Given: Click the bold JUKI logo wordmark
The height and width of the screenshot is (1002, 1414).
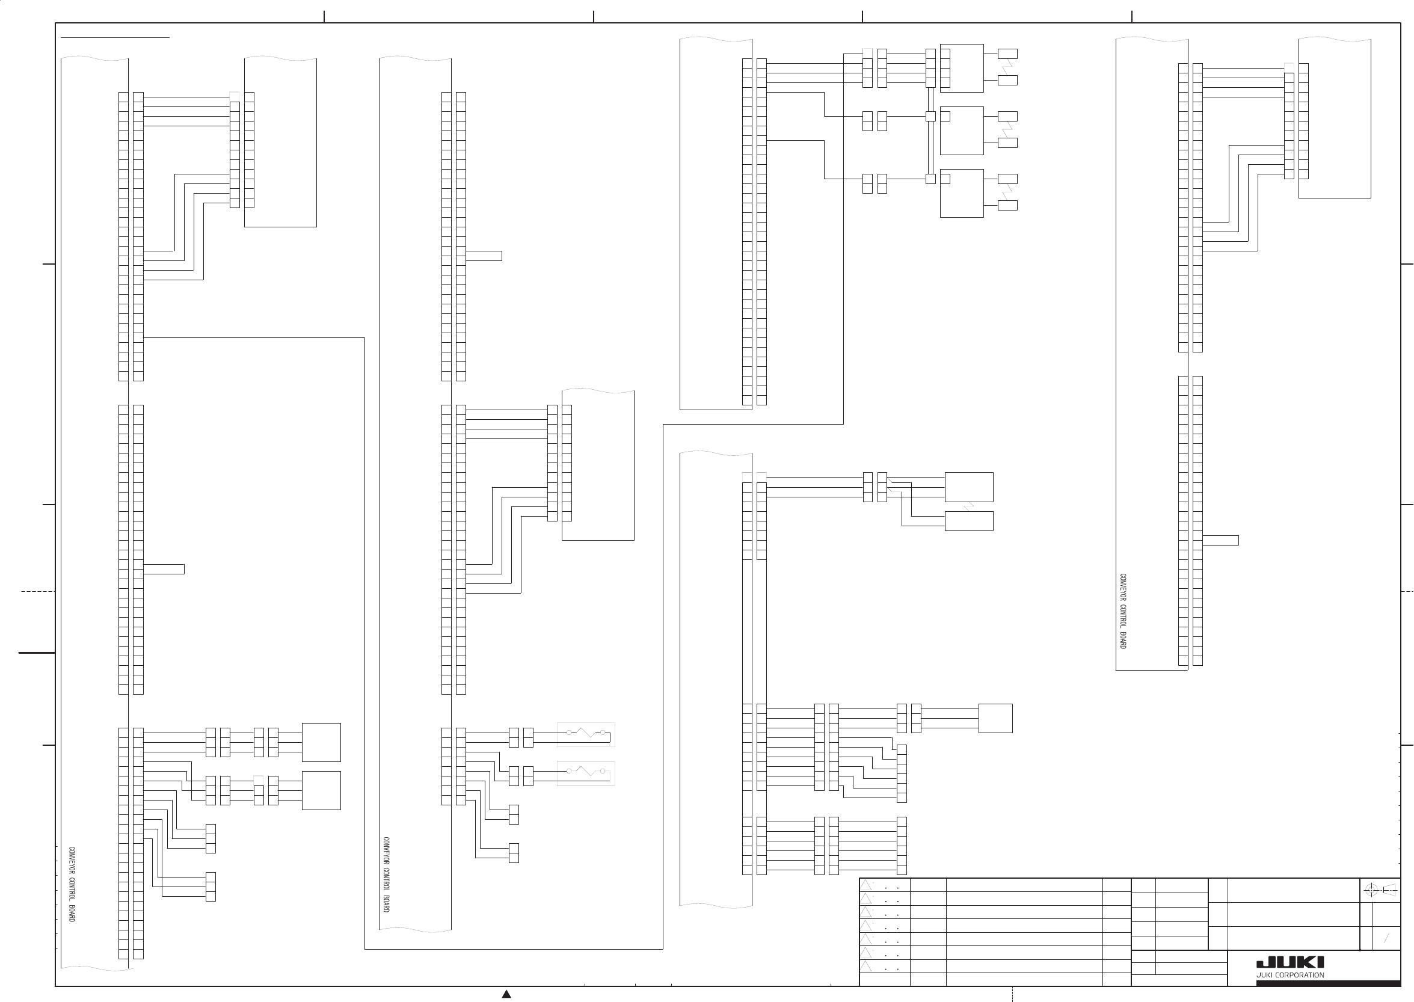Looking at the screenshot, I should coord(1290,963).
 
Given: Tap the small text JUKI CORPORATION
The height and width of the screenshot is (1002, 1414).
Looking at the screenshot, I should coord(1290,976).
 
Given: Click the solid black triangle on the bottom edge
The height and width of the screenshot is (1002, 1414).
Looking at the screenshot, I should coord(506,994).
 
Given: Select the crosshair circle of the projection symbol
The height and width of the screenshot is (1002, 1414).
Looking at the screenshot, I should coord(1371,890).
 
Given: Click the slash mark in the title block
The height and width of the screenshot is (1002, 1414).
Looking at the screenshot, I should coord(1386,938).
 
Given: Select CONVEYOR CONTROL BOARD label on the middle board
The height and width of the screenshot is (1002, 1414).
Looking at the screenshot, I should coord(386,874).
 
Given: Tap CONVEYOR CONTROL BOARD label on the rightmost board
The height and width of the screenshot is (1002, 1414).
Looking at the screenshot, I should coord(1123,611).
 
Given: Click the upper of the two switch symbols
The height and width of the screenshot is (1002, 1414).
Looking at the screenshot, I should coord(585,734).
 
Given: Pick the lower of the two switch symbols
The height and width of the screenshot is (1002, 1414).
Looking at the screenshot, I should coord(585,772).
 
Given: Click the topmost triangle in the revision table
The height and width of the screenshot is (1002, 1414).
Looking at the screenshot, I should coord(866,885).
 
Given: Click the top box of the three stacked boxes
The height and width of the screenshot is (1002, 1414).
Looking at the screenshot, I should coord(961,68).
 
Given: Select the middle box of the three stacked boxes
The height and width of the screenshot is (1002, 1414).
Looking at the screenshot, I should coord(961,131).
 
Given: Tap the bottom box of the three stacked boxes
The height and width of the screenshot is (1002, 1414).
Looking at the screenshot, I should coord(961,193).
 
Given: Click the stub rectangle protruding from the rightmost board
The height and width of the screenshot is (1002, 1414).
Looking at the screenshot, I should coord(1220,541).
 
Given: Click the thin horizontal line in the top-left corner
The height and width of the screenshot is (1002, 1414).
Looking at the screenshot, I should coord(115,38).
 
